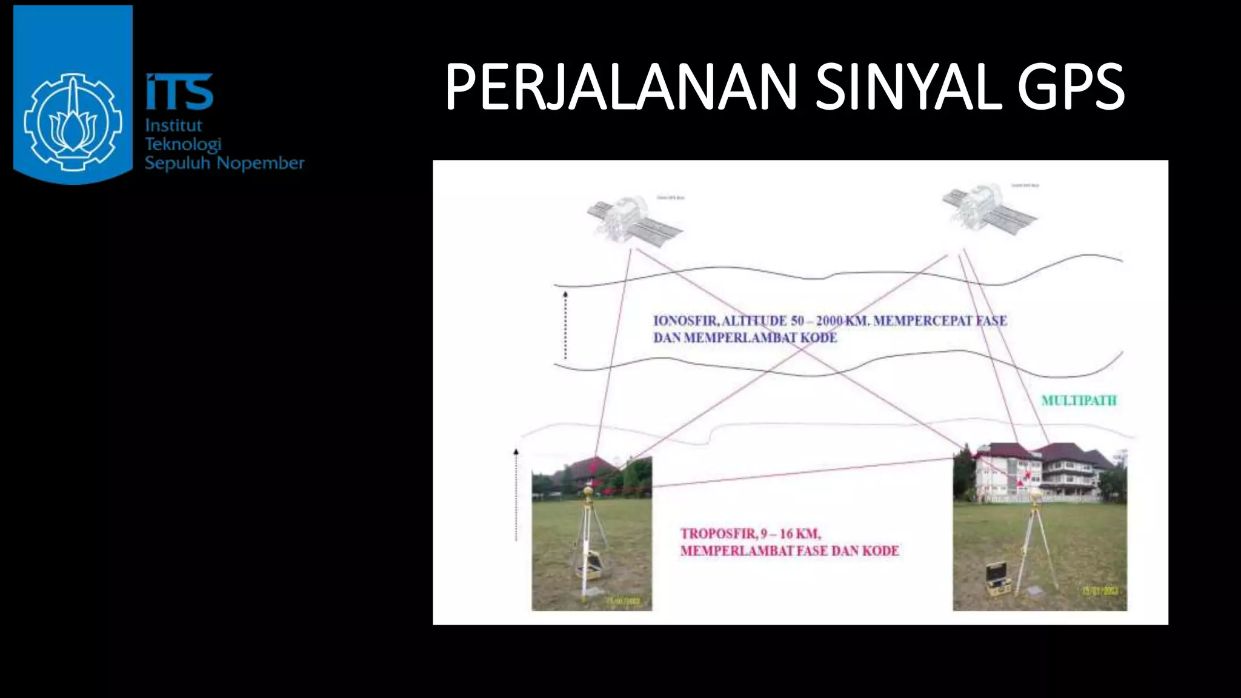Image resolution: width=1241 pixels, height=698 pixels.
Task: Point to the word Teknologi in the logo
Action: click(x=182, y=144)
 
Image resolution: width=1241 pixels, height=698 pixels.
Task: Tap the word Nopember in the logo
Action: click(x=260, y=163)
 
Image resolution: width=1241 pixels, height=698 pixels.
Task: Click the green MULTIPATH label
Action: click(x=1079, y=401)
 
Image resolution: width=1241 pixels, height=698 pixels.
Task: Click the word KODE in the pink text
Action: click(x=880, y=551)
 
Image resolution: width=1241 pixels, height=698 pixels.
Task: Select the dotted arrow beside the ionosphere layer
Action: click(x=565, y=325)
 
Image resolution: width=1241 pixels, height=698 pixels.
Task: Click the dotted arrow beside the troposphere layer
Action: click(x=516, y=494)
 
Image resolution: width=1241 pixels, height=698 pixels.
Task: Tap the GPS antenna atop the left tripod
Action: click(x=587, y=491)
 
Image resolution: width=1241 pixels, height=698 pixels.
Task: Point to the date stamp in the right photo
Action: click(x=1100, y=590)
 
